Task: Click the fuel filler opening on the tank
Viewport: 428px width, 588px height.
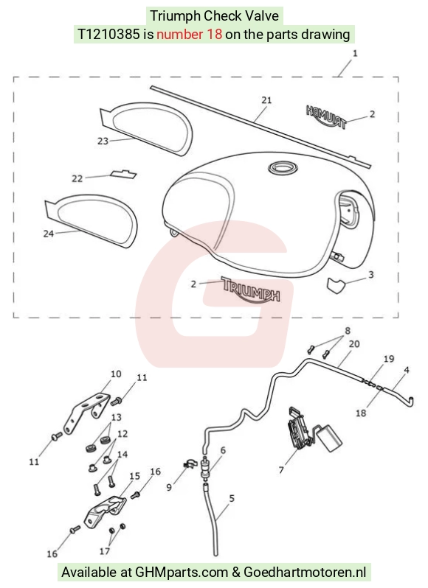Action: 283,167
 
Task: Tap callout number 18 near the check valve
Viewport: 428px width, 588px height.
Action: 361,413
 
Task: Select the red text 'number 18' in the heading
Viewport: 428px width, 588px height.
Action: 189,35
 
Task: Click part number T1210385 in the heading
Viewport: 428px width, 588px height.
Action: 109,35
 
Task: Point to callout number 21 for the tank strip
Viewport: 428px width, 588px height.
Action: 266,100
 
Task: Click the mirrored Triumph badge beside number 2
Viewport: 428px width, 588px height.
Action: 326,116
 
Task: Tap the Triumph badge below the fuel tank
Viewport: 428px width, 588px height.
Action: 251,290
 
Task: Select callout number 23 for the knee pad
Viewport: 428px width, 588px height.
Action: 103,141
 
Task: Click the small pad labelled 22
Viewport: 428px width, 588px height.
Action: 123,174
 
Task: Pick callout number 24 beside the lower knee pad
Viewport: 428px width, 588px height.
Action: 49,234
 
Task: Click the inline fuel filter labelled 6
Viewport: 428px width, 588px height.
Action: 205,467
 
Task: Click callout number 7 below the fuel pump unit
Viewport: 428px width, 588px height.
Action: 281,469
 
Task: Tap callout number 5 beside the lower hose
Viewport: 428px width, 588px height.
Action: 232,498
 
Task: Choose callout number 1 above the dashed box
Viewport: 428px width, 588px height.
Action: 355,54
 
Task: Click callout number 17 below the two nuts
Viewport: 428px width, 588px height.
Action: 104,551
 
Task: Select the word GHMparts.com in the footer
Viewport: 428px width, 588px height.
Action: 181,573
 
